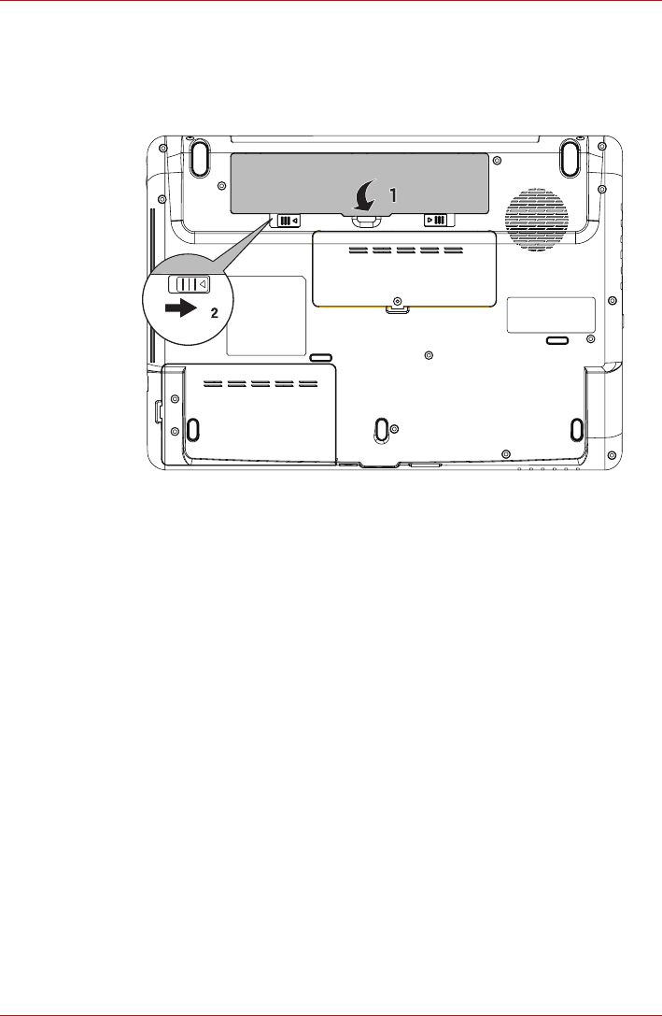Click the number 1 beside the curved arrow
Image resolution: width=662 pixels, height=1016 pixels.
pos(392,193)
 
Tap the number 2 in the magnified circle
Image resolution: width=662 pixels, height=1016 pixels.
pos(214,313)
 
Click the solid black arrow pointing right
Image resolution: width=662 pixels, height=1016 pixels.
pos(180,309)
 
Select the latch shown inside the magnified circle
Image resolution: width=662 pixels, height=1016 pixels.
pos(189,284)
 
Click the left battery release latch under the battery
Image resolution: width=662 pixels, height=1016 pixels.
pos(289,221)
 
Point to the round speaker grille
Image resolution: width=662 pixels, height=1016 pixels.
pos(536,220)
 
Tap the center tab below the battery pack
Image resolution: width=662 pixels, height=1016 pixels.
pos(366,220)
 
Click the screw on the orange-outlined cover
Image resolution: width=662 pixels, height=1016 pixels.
pos(397,301)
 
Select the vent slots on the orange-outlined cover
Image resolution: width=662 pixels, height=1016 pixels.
pos(405,250)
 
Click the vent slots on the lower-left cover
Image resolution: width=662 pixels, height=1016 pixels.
pos(261,383)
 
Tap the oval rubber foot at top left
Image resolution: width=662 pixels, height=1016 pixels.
pos(199,158)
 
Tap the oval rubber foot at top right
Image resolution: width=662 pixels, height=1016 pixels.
pos(570,158)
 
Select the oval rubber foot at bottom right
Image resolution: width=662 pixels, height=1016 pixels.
pos(576,428)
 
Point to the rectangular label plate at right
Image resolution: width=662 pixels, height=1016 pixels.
pos(551,315)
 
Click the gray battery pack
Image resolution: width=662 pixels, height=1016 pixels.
pos(359,183)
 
